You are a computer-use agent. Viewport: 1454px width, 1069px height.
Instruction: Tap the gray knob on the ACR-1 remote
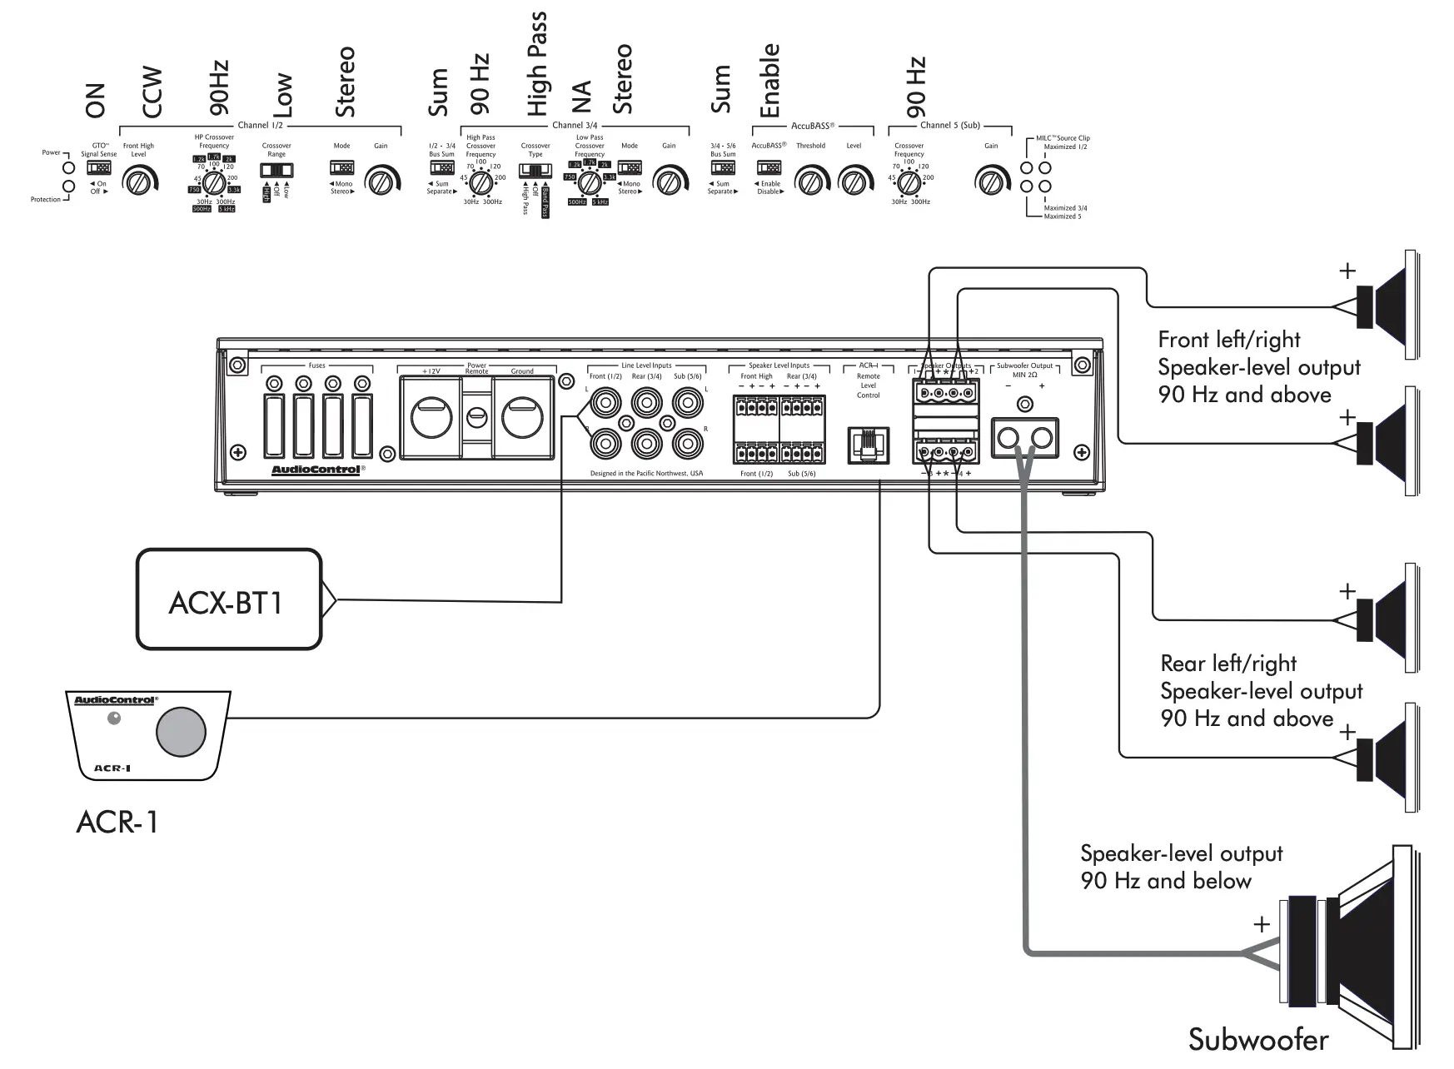tap(181, 732)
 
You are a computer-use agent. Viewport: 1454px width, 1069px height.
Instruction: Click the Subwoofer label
tap(1257, 1039)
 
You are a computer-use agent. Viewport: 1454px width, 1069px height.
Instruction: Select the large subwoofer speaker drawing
tap(1349, 949)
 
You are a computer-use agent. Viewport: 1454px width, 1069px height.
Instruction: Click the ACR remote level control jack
tap(868, 445)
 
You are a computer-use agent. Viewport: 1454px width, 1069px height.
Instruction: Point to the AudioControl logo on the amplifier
tap(316, 470)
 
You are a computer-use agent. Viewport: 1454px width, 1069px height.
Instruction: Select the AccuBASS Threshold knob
tap(810, 180)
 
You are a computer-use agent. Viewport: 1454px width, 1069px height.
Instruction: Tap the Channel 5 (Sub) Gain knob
tap(990, 180)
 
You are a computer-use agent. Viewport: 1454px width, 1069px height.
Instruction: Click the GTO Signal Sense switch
tap(99, 167)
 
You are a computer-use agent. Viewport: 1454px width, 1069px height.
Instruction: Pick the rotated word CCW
tap(152, 92)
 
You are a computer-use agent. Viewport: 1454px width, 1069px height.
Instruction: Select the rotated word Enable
tap(769, 80)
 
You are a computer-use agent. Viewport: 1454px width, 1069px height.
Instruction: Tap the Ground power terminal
tap(522, 417)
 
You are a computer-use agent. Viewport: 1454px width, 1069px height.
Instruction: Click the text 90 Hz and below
tap(1166, 881)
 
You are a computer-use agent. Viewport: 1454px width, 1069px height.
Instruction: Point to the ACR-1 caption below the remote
tap(117, 822)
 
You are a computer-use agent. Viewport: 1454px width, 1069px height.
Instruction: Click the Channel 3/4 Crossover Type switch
tap(535, 171)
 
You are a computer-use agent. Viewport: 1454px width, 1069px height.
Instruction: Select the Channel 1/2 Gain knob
tap(381, 180)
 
